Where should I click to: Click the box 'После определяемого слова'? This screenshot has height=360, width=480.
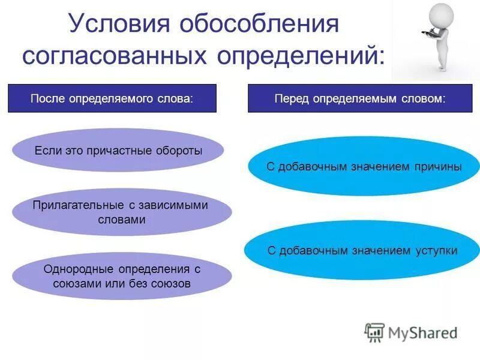(x=112, y=98)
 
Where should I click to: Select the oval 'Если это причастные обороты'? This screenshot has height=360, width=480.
(x=118, y=151)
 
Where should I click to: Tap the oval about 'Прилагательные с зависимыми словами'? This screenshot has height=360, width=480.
(x=121, y=212)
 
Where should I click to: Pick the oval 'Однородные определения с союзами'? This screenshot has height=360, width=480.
(x=121, y=277)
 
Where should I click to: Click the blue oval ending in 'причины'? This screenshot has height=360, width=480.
(x=364, y=167)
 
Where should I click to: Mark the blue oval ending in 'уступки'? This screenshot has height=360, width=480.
(x=362, y=251)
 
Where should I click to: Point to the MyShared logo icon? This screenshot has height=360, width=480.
(x=374, y=332)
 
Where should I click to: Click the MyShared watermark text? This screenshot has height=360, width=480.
(x=422, y=332)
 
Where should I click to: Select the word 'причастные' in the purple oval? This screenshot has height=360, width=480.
(x=119, y=151)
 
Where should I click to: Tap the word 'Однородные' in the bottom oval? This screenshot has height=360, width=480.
(x=71, y=269)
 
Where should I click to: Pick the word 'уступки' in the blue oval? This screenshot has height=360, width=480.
(x=436, y=251)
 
